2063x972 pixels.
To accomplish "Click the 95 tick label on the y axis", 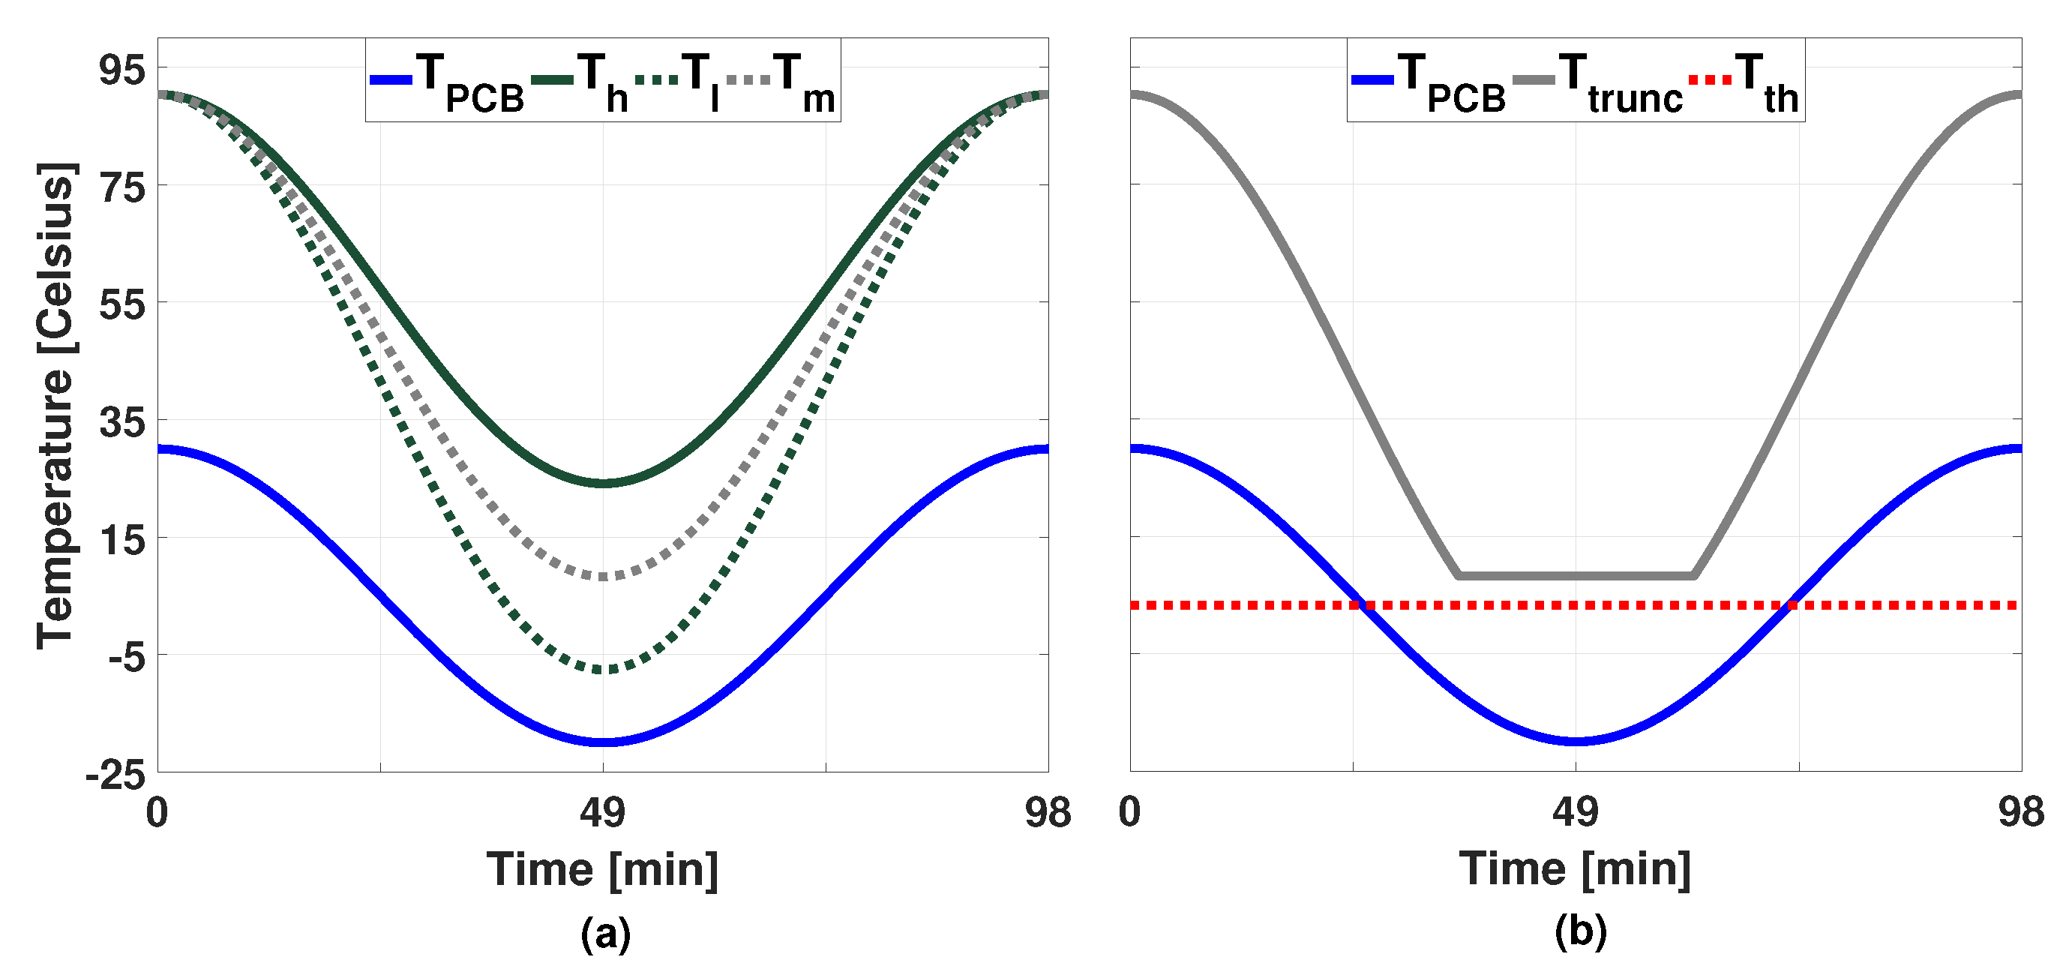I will pos(121,70).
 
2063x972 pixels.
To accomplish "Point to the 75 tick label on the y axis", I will pos(121,188).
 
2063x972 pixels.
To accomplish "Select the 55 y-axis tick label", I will pos(121,305).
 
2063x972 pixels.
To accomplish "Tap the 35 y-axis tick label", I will pos(121,423).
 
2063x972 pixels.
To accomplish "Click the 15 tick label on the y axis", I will pos(121,541).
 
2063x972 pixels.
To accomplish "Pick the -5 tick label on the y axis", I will pos(127,657).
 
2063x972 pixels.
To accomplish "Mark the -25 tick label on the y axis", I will pos(115,775).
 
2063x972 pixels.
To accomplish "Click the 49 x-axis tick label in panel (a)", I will pos(602,814).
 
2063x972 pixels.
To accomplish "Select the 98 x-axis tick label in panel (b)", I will pos(2020,814).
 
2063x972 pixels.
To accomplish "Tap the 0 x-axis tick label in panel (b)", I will pos(1129,814).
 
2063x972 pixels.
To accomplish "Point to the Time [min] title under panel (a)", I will pos(602,869).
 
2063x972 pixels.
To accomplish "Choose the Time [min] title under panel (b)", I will pos(1575,869).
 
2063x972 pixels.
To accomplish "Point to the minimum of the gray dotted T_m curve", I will pos(602,577).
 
